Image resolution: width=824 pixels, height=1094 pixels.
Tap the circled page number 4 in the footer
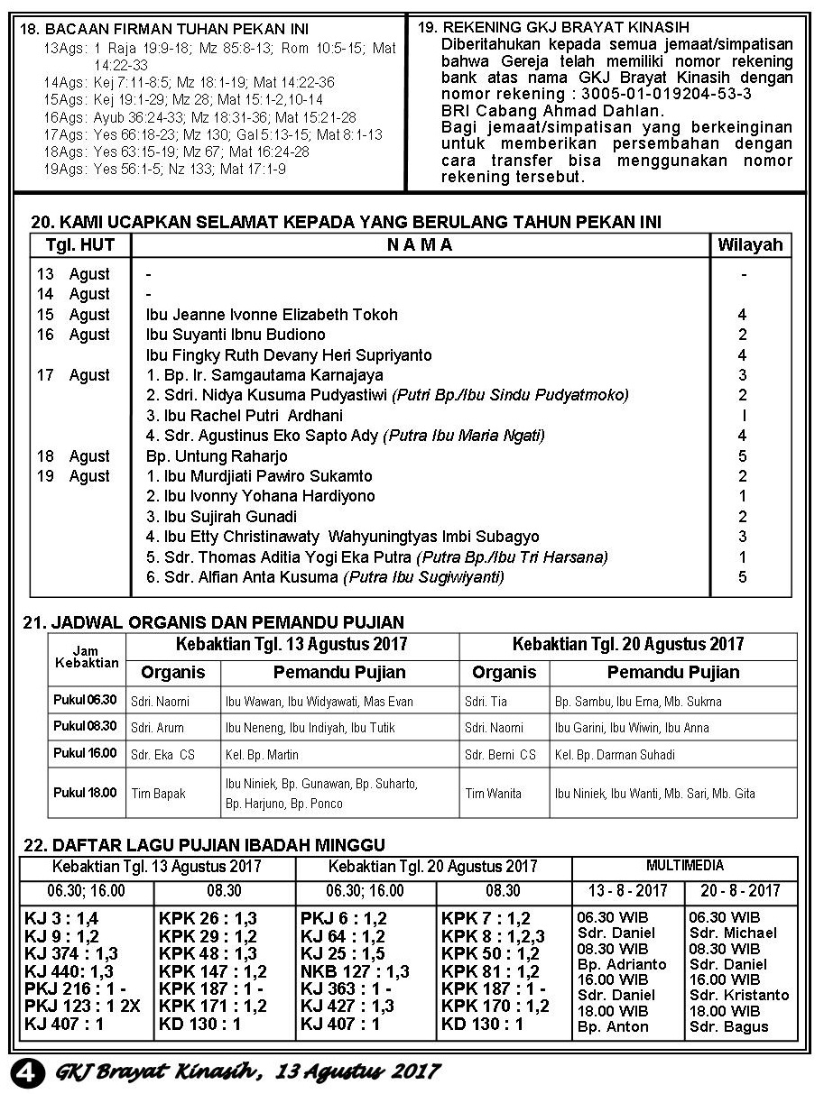27,1071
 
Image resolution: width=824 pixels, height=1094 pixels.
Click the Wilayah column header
749,245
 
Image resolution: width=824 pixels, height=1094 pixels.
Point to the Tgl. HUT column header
80,245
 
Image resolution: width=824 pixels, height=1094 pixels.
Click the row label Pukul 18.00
85,793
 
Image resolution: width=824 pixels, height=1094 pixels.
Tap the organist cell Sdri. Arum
152,728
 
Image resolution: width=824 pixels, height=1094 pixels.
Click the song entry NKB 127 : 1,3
355,971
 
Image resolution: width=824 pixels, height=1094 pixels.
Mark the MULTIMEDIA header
684,866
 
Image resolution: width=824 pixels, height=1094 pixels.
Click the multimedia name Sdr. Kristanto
738,995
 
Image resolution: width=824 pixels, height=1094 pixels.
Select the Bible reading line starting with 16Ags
199,117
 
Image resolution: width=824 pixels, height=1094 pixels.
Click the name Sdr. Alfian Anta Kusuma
242,577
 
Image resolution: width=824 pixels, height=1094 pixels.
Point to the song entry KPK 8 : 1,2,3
494,936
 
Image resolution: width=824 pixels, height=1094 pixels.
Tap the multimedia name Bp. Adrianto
621,964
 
